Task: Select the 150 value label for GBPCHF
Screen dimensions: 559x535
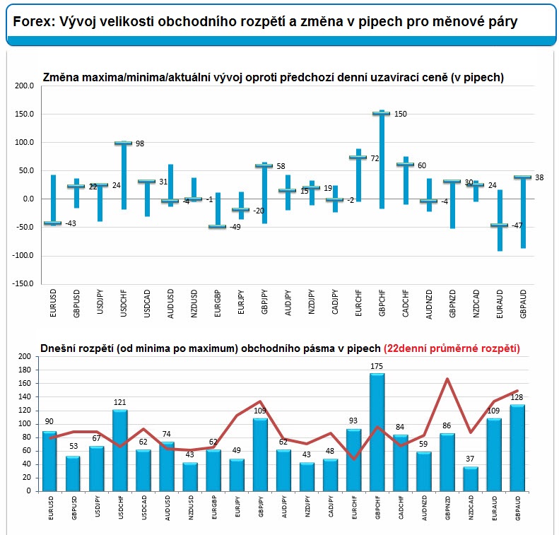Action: point(401,114)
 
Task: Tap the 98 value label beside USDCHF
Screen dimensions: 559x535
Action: point(140,143)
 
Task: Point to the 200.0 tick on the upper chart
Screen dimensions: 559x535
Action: point(25,86)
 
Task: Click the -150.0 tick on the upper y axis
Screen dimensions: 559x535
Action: point(23,283)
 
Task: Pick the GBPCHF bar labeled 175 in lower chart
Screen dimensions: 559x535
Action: point(377,433)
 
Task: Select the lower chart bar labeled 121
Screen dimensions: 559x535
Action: point(120,450)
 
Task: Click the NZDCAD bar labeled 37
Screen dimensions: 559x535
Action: point(470,479)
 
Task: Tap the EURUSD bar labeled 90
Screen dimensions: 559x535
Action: point(49,461)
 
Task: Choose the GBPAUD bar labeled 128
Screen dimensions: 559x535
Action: point(517,448)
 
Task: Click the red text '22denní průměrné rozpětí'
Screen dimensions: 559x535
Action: point(452,348)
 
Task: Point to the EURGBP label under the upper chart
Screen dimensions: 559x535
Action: point(218,304)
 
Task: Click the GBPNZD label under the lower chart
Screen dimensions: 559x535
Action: point(447,508)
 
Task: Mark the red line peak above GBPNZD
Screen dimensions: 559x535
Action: point(447,379)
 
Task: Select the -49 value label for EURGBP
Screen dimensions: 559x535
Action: point(235,227)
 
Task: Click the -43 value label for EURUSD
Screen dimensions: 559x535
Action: point(70,223)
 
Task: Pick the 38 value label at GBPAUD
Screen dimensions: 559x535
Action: point(539,177)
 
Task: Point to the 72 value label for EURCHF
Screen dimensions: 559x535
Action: point(375,158)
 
